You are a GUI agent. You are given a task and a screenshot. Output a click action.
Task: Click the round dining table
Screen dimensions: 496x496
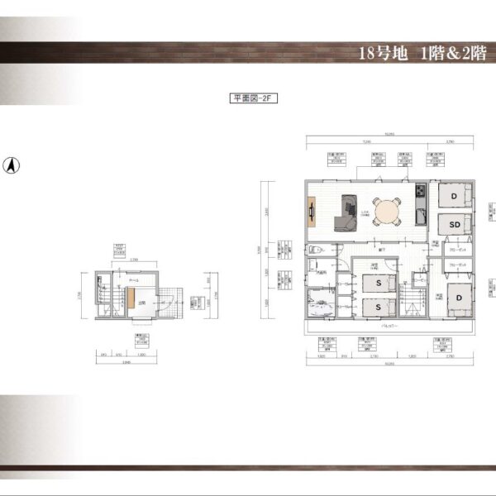[386, 211]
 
